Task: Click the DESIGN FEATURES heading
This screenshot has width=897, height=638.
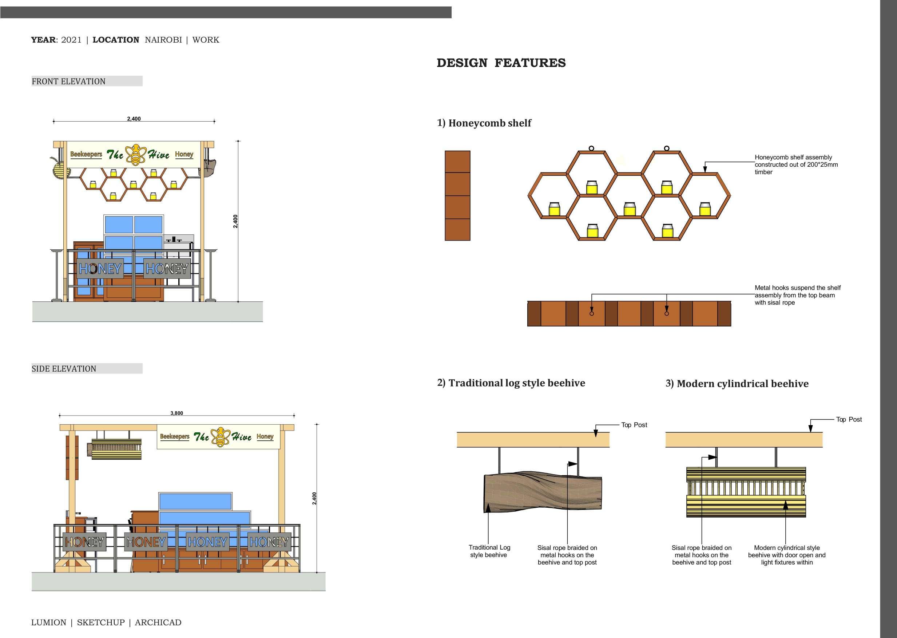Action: pyautogui.click(x=501, y=63)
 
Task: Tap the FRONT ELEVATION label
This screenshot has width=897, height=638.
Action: pyautogui.click(x=68, y=81)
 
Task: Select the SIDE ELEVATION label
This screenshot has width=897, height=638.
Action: pyautogui.click(x=64, y=369)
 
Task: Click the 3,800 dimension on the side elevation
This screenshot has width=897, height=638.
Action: pyautogui.click(x=177, y=413)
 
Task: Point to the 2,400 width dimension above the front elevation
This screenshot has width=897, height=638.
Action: pyautogui.click(x=134, y=119)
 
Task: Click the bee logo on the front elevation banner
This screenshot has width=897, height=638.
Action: pyautogui.click(x=136, y=155)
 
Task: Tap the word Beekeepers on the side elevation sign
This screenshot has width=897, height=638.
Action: pyautogui.click(x=174, y=436)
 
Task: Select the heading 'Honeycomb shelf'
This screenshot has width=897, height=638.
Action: pyautogui.click(x=489, y=123)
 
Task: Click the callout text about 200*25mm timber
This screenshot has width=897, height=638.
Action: pyautogui.click(x=796, y=165)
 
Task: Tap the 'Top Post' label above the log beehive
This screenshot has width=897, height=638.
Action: pyautogui.click(x=634, y=425)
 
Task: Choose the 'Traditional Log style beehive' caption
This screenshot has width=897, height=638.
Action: pyautogui.click(x=489, y=551)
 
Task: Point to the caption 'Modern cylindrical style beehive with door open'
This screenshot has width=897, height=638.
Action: pyautogui.click(x=787, y=555)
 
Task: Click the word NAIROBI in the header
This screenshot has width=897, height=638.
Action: pyautogui.click(x=163, y=40)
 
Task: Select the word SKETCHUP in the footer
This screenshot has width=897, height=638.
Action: pyautogui.click(x=100, y=622)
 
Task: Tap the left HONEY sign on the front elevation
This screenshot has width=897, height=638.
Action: pyautogui.click(x=100, y=269)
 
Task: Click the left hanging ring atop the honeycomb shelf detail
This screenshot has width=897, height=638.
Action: pyautogui.click(x=591, y=148)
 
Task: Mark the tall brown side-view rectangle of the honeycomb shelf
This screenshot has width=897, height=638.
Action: pyautogui.click(x=457, y=196)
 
